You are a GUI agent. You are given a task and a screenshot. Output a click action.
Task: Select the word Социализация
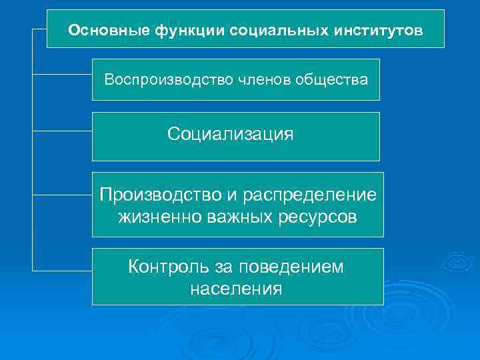[230, 135]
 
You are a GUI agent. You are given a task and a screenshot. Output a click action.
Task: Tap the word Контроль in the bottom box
[169, 267]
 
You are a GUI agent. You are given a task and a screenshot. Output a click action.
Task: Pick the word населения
[236, 289]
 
